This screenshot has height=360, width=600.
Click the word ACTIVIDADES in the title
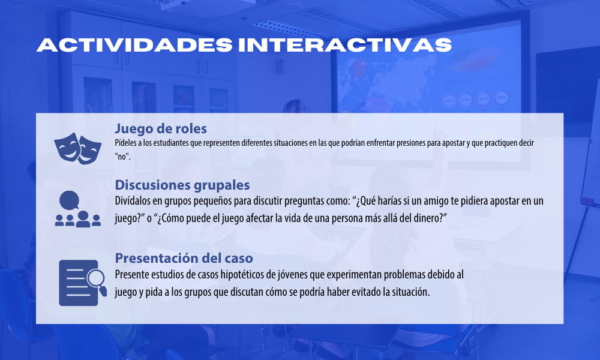(134, 45)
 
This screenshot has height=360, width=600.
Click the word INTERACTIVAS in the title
(345, 45)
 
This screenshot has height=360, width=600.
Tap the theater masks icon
(77, 148)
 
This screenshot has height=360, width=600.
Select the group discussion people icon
(77, 209)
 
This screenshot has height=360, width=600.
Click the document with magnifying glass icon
(83, 283)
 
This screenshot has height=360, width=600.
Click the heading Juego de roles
(161, 128)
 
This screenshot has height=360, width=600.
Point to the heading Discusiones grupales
(182, 185)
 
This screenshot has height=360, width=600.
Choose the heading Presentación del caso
(184, 258)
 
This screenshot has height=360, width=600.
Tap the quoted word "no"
(122, 157)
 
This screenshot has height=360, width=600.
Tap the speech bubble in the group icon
(69, 200)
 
